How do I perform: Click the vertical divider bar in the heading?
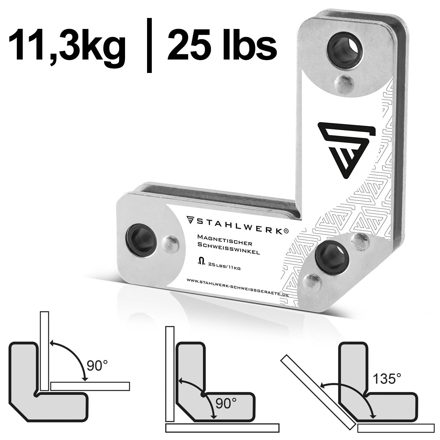[148, 46]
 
